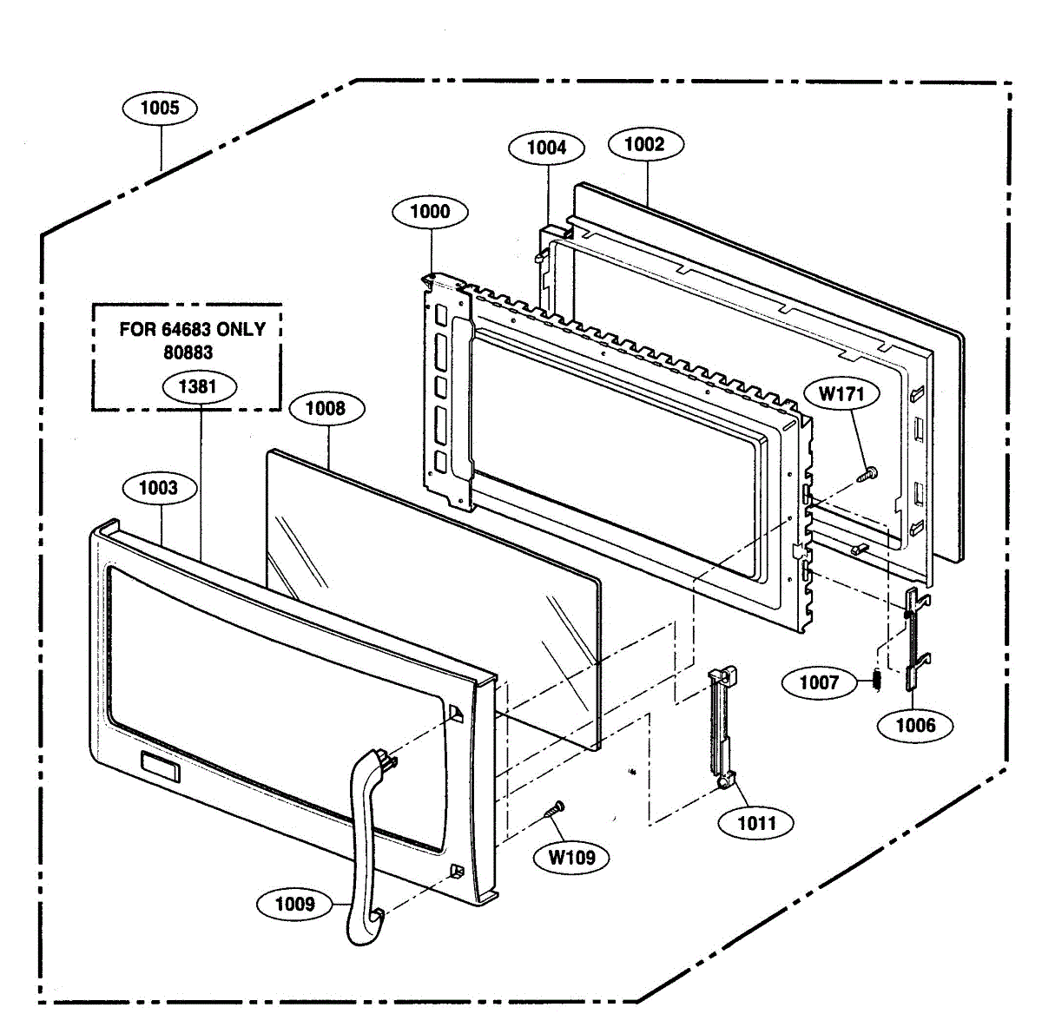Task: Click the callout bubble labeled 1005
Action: click(x=160, y=108)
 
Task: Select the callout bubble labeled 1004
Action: click(x=546, y=148)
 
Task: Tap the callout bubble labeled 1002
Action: click(x=643, y=144)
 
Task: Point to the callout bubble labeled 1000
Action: click(x=430, y=212)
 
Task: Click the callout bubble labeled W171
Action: click(x=841, y=394)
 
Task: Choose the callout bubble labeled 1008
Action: click(x=326, y=408)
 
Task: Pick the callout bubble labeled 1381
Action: click(x=197, y=387)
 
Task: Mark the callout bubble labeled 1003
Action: click(x=158, y=488)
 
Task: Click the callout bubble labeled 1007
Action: click(x=819, y=682)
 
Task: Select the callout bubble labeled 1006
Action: click(x=915, y=725)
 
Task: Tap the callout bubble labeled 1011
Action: click(x=756, y=822)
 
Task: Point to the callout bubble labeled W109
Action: click(x=572, y=858)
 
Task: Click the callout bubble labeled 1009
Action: click(x=294, y=905)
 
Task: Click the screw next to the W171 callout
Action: click(x=867, y=474)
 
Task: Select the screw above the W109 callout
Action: click(x=553, y=809)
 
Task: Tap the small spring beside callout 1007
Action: click(x=876, y=681)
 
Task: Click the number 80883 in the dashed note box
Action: click(x=188, y=352)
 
